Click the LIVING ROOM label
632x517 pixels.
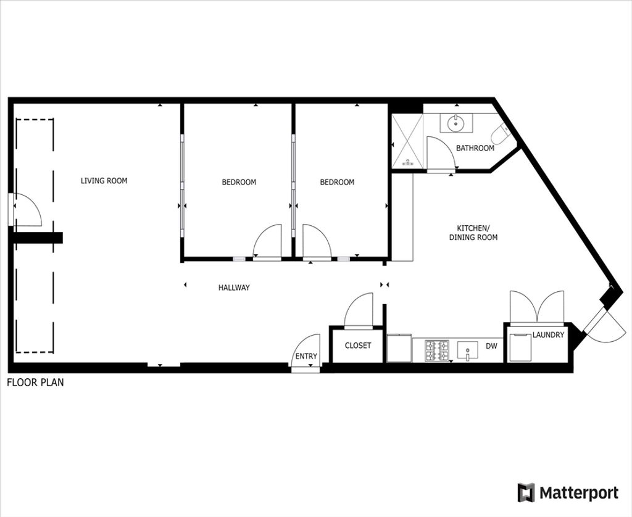[x=104, y=181]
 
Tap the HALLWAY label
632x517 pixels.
[x=234, y=287]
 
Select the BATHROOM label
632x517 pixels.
[x=475, y=148]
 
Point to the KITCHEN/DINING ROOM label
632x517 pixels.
[x=473, y=233]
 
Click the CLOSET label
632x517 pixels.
[x=358, y=345]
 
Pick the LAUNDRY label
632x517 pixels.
[x=548, y=334]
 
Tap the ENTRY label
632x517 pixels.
[x=306, y=356]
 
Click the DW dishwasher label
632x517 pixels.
[x=491, y=345]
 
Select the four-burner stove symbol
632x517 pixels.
[x=436, y=350]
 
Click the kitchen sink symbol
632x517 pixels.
[x=468, y=350]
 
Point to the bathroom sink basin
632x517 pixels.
[x=456, y=123]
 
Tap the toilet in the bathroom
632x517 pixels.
[x=501, y=133]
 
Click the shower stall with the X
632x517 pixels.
[x=407, y=141]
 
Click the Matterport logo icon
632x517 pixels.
[x=526, y=492]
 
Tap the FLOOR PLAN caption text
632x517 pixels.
[x=35, y=382]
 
